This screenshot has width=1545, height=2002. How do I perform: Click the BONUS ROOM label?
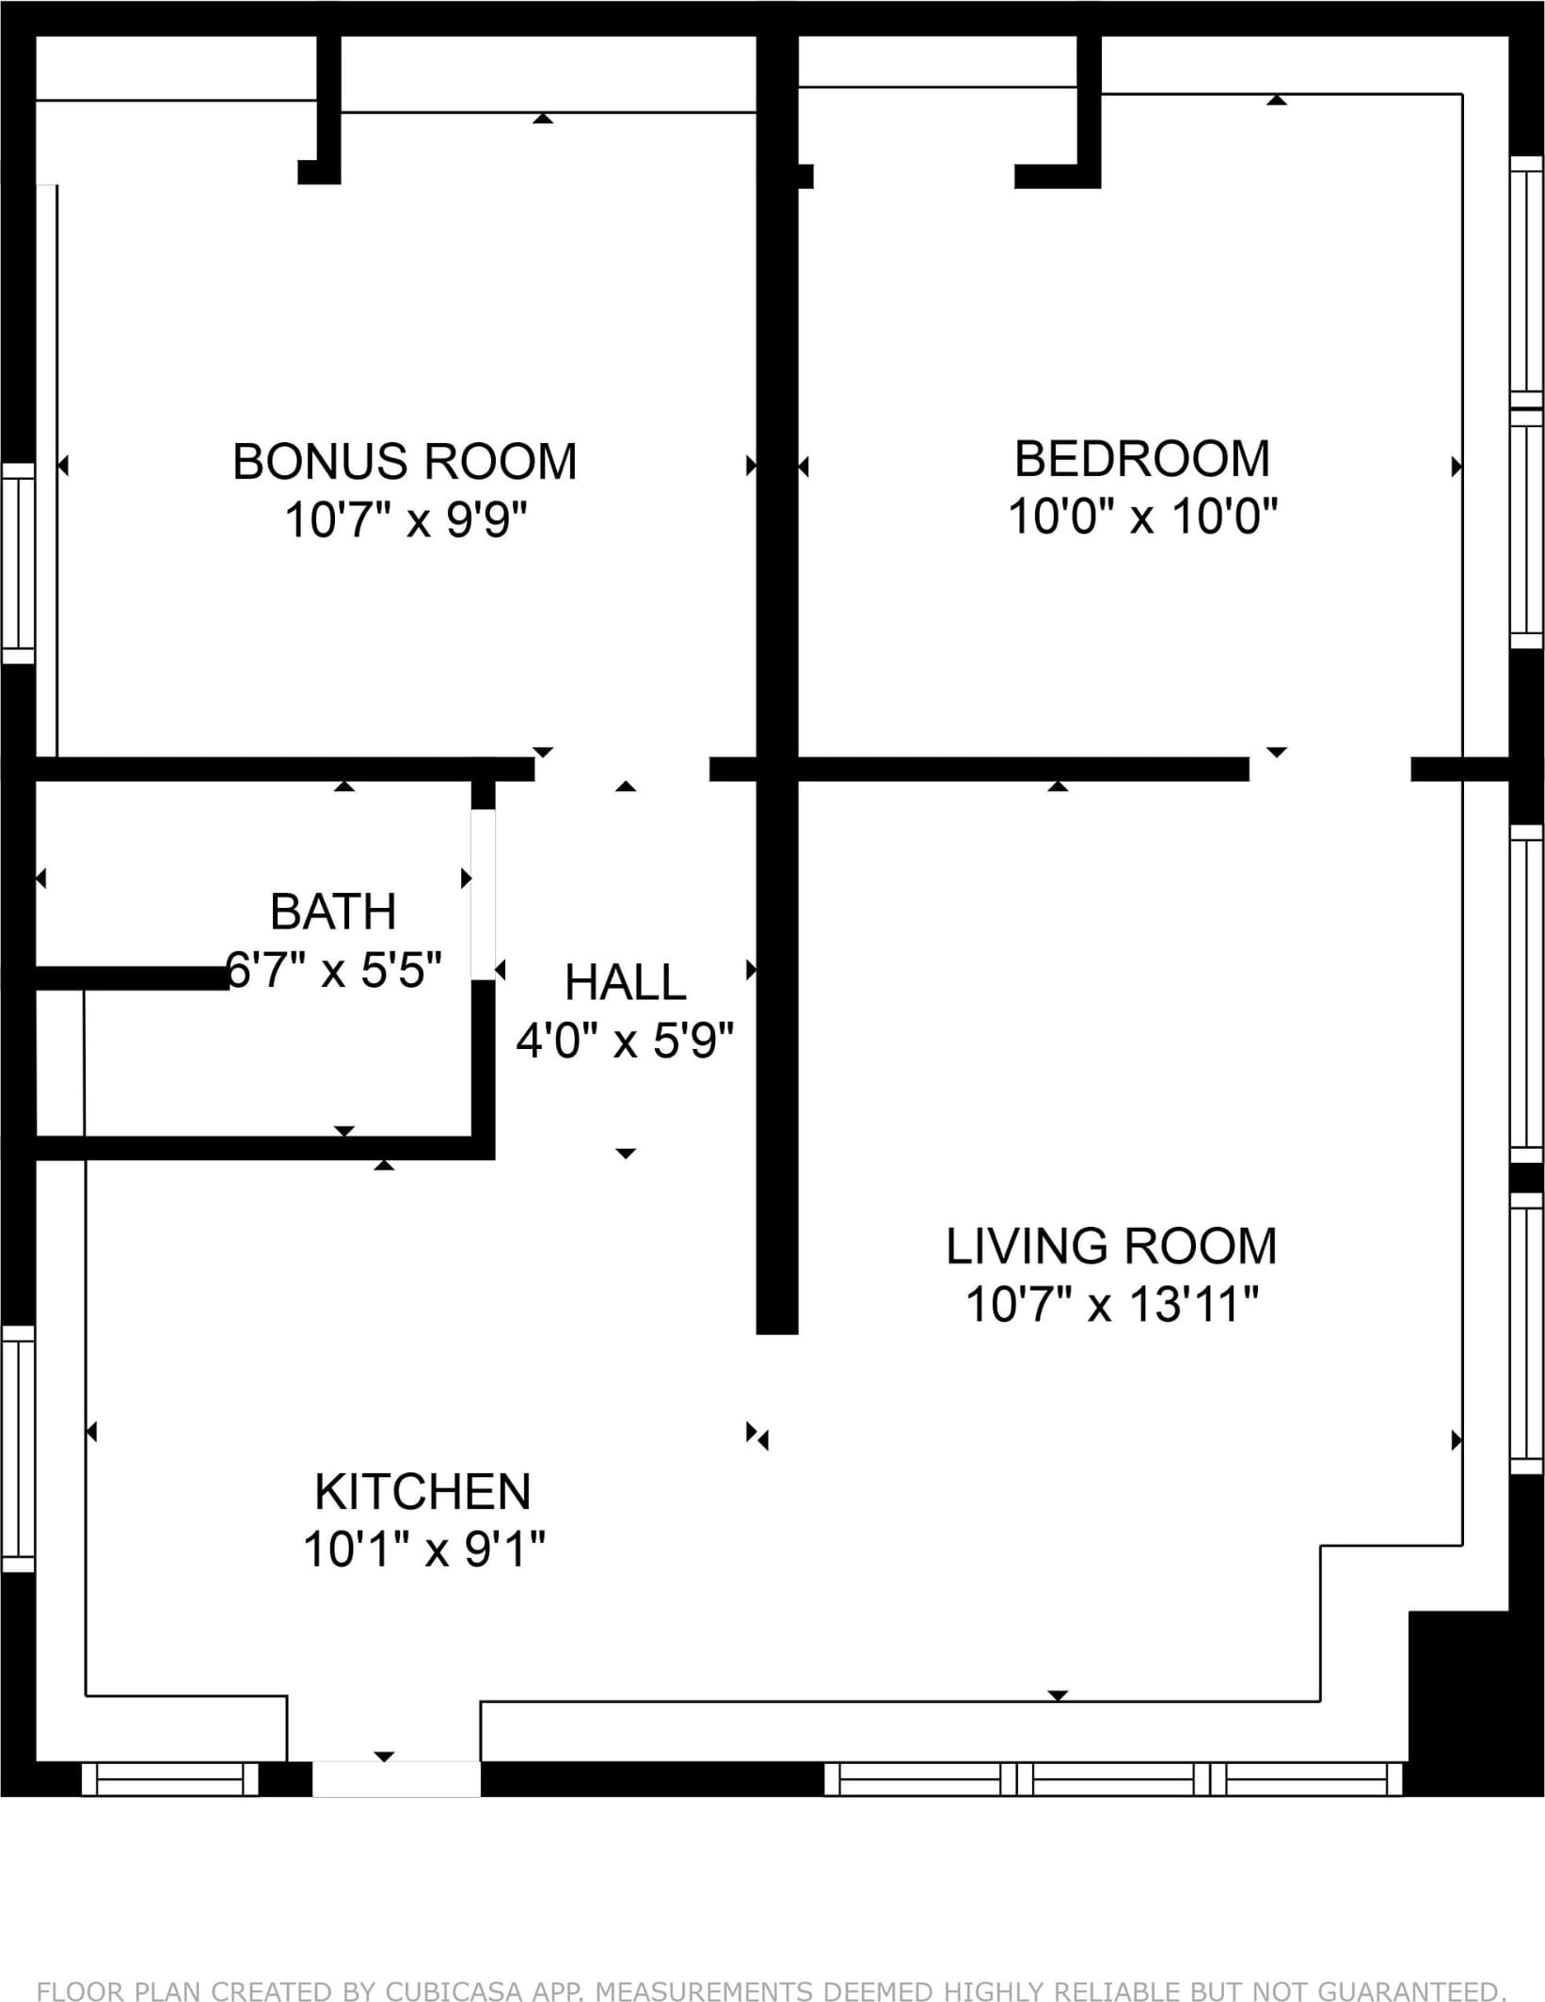(405, 461)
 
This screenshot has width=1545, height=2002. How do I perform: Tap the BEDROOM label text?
(1141, 458)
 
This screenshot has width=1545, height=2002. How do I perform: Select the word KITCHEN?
(422, 1491)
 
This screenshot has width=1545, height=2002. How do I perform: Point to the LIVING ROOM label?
(1111, 1246)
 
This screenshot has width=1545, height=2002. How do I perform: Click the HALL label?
(625, 982)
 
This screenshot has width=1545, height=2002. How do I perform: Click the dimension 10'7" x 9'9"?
(406, 519)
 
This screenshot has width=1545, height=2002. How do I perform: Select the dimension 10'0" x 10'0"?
(1142, 516)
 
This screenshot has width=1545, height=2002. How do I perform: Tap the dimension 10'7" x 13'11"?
(1111, 1304)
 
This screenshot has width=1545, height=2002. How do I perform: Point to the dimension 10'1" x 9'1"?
(423, 1549)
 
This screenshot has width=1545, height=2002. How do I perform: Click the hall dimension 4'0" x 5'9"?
(625, 1041)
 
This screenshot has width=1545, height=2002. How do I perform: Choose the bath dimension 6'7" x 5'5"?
(334, 969)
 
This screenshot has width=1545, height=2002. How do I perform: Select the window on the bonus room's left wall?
(18, 563)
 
